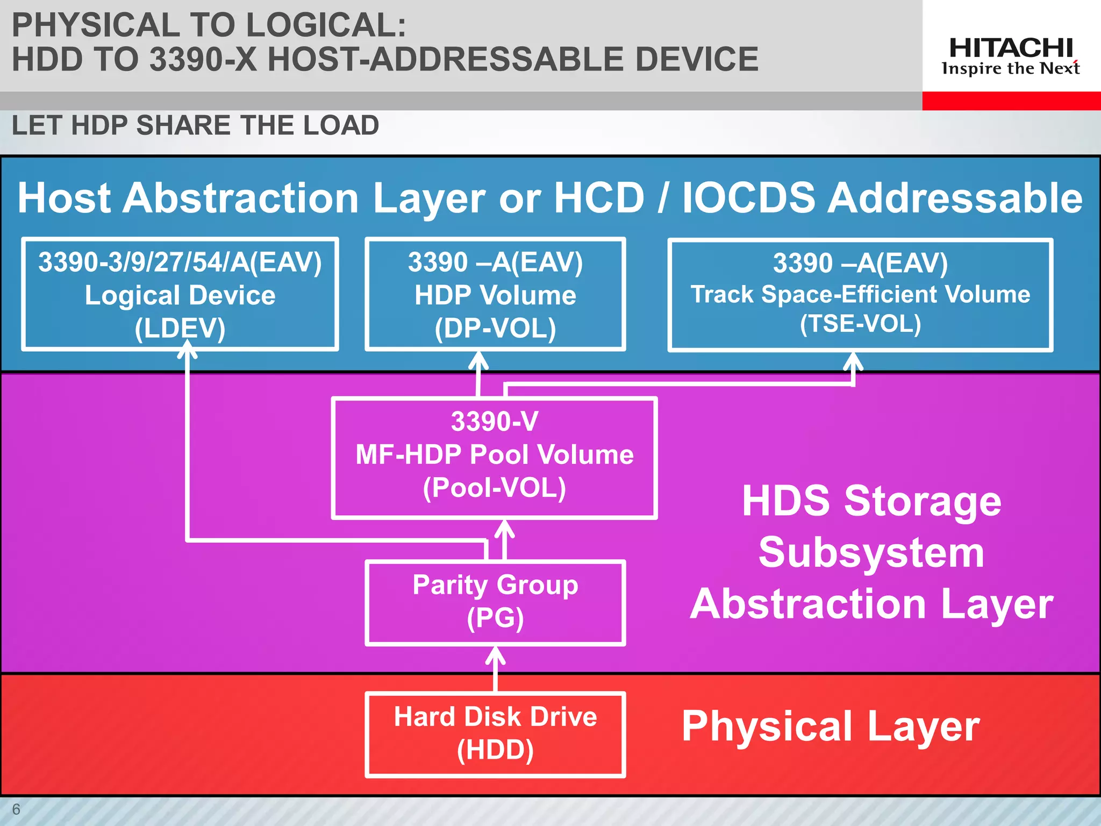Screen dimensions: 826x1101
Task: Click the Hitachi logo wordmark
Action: [x=1011, y=48]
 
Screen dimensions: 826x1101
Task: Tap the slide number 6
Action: [x=16, y=809]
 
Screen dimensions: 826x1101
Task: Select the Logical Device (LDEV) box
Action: [x=180, y=295]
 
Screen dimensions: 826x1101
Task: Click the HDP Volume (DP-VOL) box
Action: [x=495, y=295]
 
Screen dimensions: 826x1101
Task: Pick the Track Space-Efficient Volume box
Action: [x=860, y=295]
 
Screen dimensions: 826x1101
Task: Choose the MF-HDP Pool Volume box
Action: [x=495, y=457]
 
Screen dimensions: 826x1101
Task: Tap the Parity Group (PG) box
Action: [x=495, y=602]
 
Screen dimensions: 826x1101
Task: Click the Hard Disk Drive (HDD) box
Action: [x=495, y=734]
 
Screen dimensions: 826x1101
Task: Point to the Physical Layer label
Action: [x=831, y=726]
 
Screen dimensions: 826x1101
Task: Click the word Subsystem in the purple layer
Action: [x=871, y=553]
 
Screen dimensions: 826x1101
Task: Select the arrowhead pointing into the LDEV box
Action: [x=187, y=352]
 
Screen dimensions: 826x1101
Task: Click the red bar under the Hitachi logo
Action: [x=1011, y=101]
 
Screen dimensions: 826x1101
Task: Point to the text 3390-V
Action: [x=495, y=421]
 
